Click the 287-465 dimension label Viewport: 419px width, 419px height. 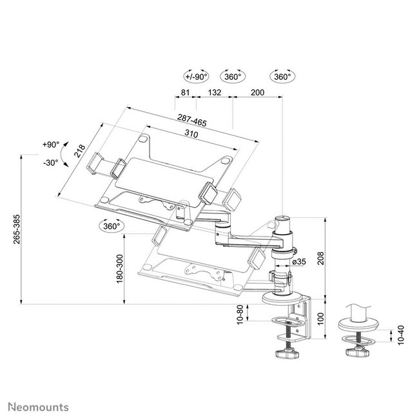point(193,120)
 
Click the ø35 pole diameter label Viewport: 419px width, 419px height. point(298,262)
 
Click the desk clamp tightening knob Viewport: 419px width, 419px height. point(284,353)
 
